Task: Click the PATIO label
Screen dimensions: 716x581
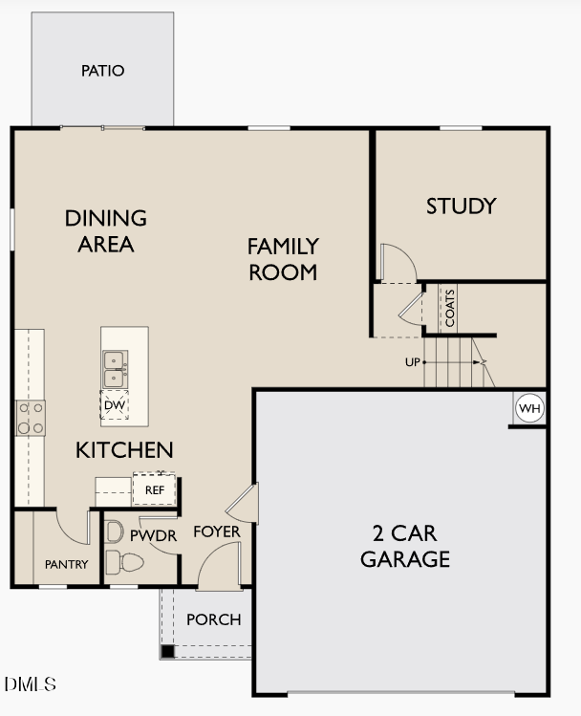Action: coord(102,71)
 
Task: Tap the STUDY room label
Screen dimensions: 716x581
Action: coord(461,206)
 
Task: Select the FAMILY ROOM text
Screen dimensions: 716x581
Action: coord(283,259)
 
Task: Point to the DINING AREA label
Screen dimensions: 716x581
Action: coord(106,230)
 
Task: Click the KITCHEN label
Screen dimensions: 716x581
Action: coord(124,449)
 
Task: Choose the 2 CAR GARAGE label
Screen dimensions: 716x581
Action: coord(404,546)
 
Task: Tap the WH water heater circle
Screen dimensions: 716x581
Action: coord(528,409)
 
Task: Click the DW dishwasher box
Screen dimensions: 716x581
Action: coord(115,405)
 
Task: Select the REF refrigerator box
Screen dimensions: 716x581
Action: coord(154,489)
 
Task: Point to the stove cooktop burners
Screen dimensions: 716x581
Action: coord(31,417)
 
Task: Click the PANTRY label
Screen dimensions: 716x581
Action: coord(66,565)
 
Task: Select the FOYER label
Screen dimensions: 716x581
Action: coord(217,532)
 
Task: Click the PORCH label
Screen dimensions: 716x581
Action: coord(213,619)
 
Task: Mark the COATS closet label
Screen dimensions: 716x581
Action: coord(449,308)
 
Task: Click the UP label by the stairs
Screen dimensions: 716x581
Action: coord(413,362)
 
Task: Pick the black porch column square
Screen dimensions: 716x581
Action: coord(167,652)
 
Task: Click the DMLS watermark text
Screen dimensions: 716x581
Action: coord(31,684)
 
